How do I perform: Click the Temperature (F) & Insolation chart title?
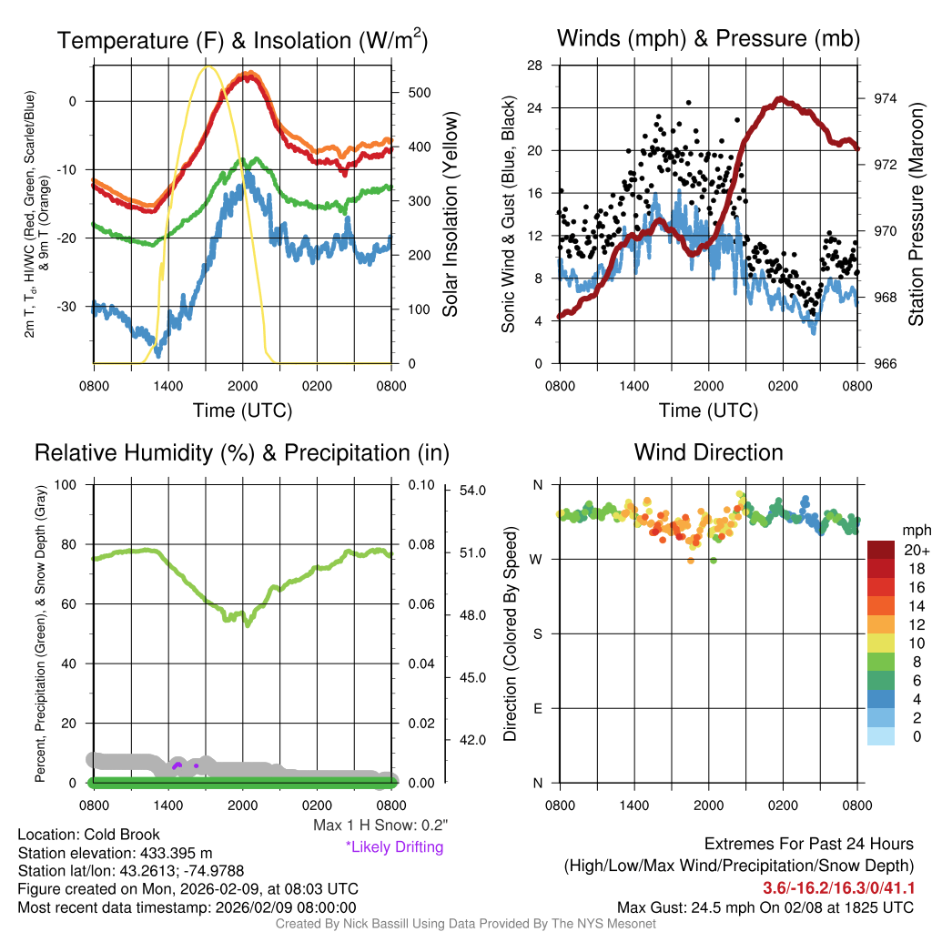tap(242, 41)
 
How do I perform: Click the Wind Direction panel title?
tap(708, 452)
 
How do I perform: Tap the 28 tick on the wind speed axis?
tap(535, 66)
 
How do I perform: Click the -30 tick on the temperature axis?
tap(75, 307)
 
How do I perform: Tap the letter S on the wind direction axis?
tap(537, 633)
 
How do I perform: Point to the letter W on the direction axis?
tap(536, 559)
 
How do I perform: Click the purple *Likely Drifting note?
tap(394, 846)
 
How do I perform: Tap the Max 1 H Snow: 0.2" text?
tap(380, 826)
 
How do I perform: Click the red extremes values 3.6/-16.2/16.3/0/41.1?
tap(838, 886)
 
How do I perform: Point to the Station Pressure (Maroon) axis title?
tap(916, 214)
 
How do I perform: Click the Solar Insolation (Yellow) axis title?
tap(450, 214)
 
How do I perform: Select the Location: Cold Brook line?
tap(88, 834)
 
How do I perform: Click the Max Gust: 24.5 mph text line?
tap(765, 907)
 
